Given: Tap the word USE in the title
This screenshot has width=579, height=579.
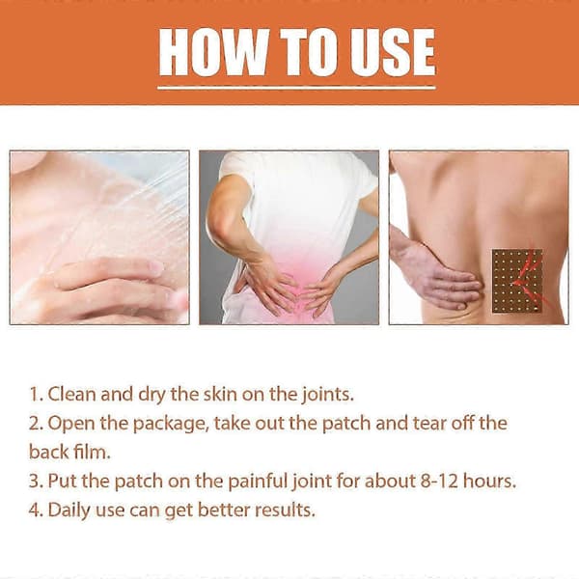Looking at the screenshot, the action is click(x=393, y=52).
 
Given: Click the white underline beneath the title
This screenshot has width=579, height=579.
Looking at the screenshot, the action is click(x=296, y=88).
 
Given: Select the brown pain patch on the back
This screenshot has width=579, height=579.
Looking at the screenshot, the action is click(x=517, y=281).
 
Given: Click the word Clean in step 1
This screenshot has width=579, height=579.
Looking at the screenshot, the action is click(x=71, y=394).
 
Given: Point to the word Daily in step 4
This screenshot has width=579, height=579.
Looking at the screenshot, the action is click(x=69, y=510).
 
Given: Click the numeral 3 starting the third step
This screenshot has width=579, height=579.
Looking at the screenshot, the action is click(x=34, y=481).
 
